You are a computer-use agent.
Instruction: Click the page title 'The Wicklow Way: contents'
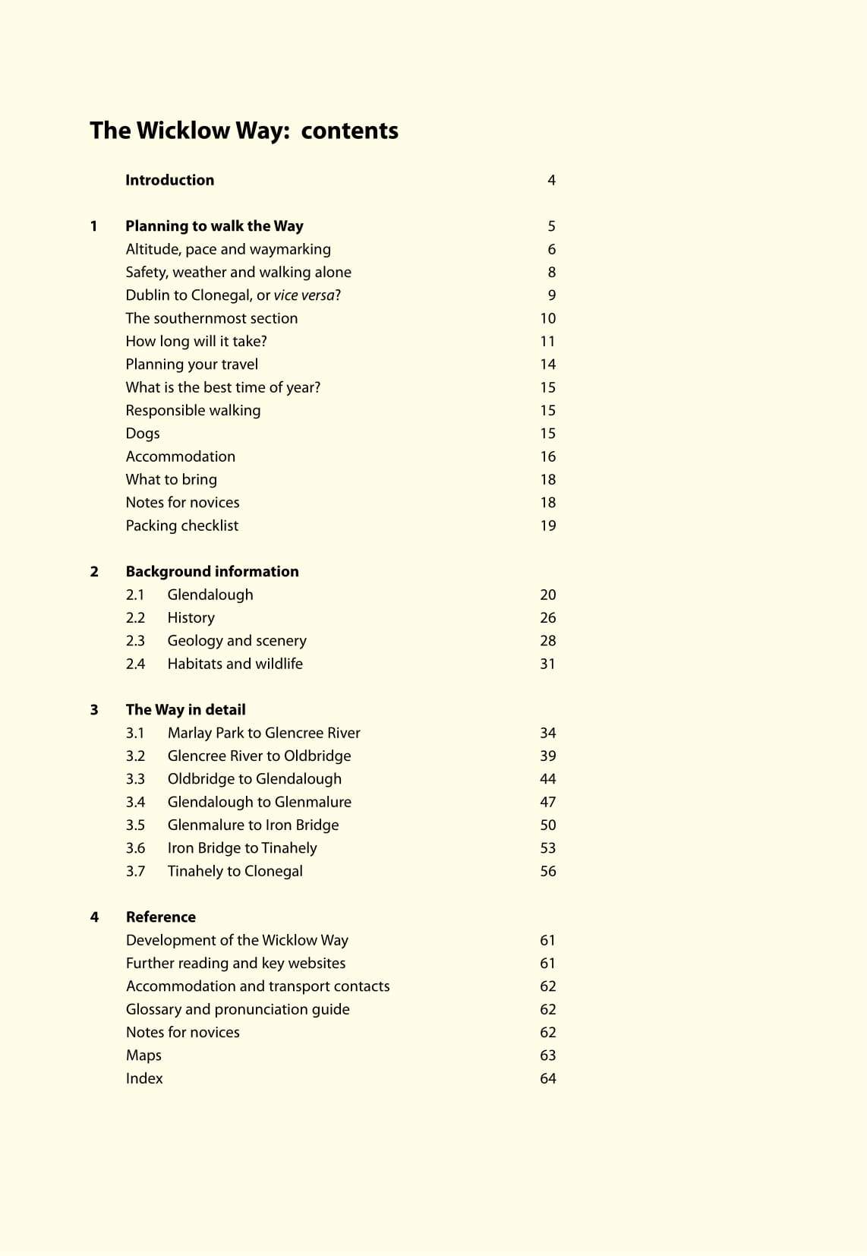click(244, 131)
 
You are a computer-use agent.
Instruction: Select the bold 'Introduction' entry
click(169, 180)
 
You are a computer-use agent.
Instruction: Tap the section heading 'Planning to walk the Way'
click(214, 226)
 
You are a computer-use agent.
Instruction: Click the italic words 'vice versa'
click(304, 295)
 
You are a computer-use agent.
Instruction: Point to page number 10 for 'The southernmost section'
click(547, 318)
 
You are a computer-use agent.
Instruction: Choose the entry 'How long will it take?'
click(196, 341)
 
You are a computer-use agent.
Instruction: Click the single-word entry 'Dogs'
click(143, 434)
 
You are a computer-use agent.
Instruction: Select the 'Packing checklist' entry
click(181, 525)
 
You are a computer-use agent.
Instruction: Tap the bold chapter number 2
click(94, 572)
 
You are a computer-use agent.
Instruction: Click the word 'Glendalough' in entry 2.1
click(210, 595)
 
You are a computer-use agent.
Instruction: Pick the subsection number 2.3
click(135, 641)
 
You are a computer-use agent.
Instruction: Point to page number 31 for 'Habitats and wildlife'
click(547, 664)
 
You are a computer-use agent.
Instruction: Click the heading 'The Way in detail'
click(185, 710)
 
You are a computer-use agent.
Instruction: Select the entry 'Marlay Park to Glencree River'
click(263, 733)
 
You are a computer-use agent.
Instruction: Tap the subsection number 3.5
click(135, 825)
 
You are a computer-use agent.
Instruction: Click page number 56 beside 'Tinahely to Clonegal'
click(547, 871)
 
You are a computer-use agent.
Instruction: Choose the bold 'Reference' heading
click(160, 917)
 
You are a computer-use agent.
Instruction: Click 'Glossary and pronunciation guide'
click(238, 1009)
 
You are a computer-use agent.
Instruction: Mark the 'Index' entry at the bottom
click(144, 1078)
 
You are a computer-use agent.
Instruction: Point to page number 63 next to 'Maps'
click(547, 1056)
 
